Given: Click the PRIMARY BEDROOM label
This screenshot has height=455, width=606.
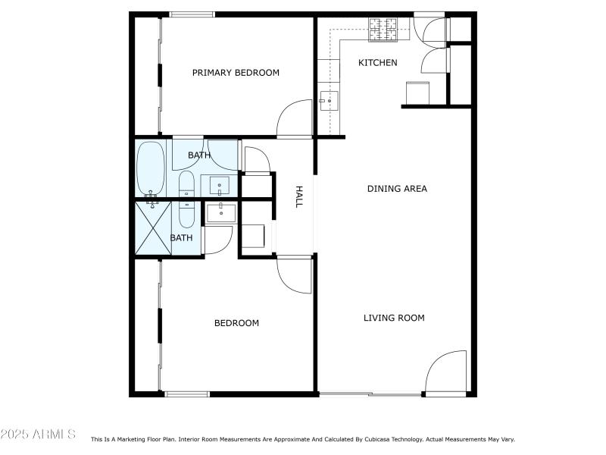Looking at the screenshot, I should click(236, 73).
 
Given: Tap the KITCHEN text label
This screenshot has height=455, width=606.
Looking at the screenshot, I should click(377, 62).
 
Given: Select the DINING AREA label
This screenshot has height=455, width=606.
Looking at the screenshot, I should click(397, 188).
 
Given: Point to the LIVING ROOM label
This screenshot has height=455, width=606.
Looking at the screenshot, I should click(394, 318).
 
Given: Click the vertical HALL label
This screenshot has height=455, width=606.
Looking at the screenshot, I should click(298, 197).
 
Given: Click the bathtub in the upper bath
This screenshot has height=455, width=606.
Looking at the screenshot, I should click(150, 168).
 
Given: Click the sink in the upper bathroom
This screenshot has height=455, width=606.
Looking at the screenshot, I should click(220, 185).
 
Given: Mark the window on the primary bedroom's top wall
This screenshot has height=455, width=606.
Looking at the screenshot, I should click(192, 14).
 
